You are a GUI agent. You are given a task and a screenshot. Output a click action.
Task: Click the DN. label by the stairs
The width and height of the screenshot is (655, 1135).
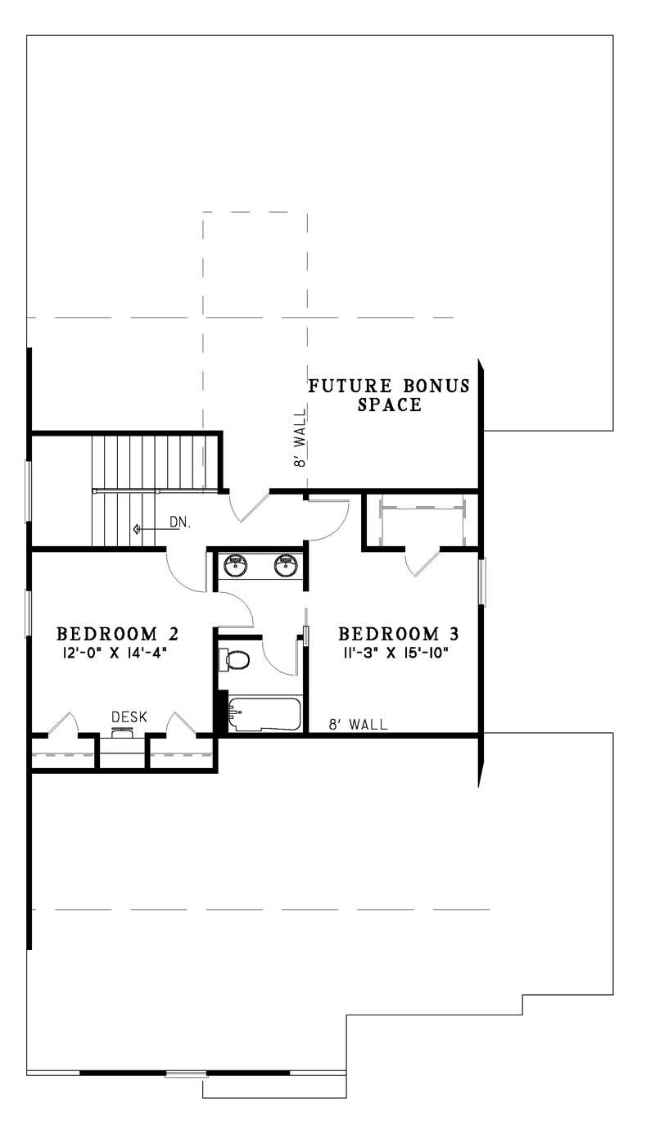click(180, 522)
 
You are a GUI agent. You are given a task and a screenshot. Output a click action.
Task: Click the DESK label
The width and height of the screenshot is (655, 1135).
click(129, 717)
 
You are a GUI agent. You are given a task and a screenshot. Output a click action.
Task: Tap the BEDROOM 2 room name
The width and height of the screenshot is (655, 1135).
click(118, 633)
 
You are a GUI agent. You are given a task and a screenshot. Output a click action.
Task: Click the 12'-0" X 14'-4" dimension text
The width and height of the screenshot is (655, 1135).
click(118, 652)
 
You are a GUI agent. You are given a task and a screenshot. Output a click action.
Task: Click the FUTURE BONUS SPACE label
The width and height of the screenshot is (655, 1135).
click(389, 395)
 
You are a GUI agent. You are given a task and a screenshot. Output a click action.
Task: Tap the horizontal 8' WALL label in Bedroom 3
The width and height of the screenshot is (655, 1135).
click(358, 724)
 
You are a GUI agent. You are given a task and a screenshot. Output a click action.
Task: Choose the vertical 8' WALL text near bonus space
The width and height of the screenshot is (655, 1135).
click(300, 450)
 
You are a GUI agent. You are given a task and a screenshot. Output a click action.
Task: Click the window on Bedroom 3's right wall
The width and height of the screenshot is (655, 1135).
click(482, 582)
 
